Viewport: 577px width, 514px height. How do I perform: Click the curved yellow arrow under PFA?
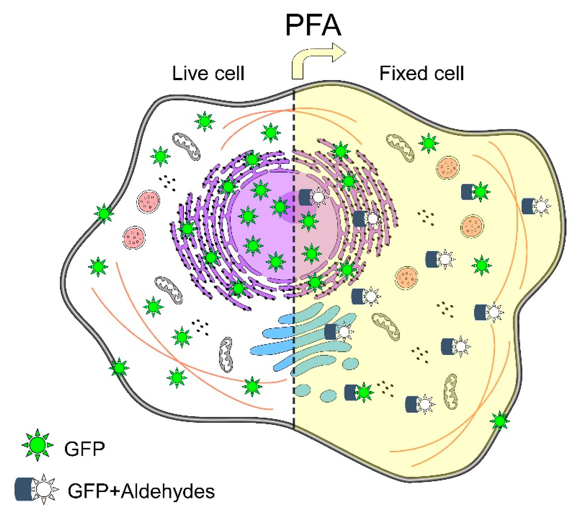313,61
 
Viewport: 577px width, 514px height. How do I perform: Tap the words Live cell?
208,73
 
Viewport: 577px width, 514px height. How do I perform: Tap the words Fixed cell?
422,73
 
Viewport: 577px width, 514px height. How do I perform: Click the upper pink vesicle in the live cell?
148,201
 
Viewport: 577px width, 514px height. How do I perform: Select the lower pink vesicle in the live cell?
134,237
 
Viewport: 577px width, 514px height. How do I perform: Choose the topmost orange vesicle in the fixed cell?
448,168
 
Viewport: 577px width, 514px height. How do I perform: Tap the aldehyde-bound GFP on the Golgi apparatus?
338,331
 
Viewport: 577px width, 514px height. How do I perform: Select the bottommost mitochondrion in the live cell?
226,354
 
